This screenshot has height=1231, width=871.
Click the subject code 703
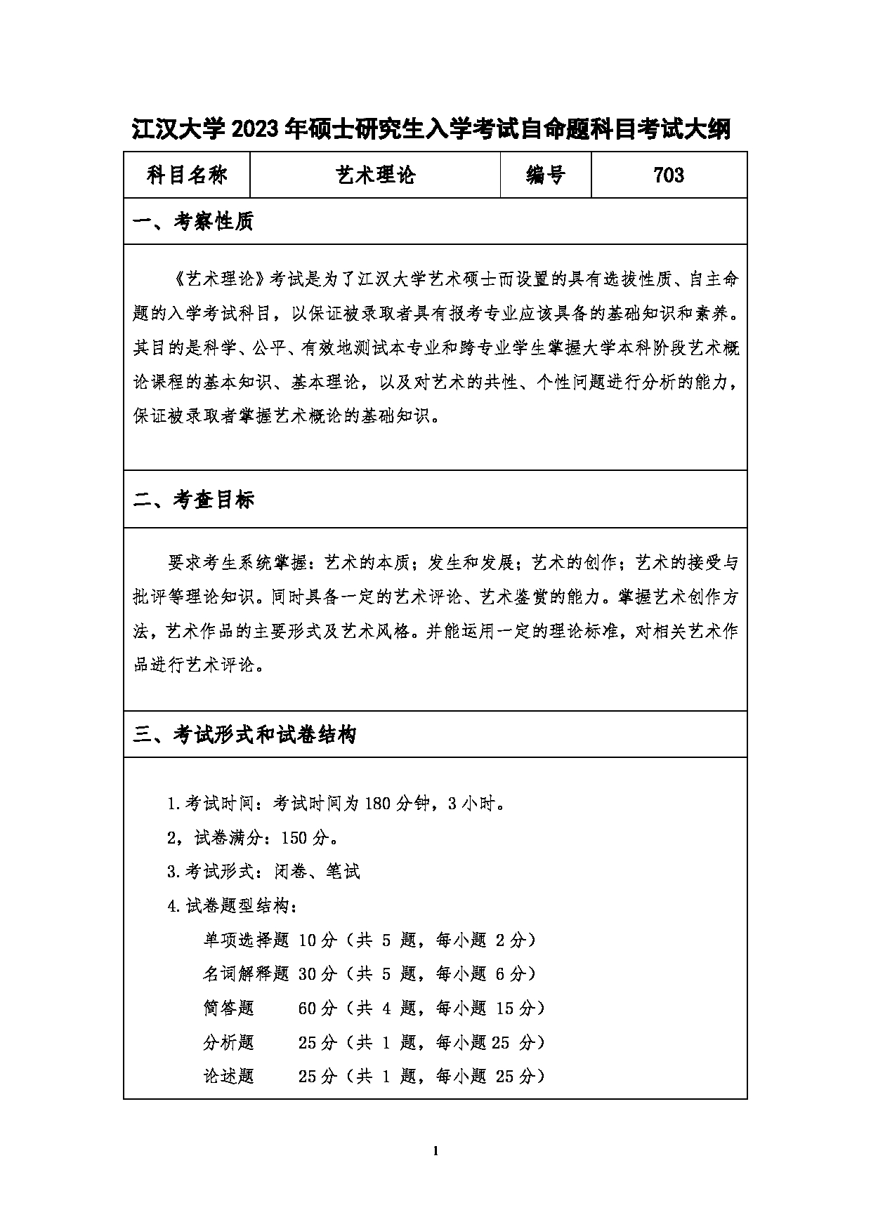coord(669,175)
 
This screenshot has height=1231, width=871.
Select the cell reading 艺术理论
coord(375,175)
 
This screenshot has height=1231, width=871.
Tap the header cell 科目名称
coord(187,175)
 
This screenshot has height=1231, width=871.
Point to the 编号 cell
coord(546,175)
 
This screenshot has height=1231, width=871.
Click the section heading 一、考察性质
coord(193,222)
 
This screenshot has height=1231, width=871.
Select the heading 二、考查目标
coord(193,500)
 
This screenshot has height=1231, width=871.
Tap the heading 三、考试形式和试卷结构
coord(245,735)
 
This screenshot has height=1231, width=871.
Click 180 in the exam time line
coord(378,804)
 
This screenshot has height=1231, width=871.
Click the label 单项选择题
coord(246,940)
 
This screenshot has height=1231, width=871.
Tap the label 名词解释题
coord(246,973)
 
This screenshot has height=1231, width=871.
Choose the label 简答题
coord(229,1008)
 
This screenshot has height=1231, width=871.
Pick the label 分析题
coord(229,1042)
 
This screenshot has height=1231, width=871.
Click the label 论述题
coord(229,1076)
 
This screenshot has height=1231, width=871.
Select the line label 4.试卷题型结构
coord(232,906)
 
